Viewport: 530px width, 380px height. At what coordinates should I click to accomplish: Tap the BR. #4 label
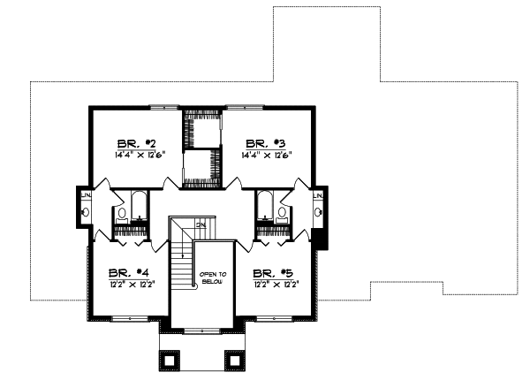(x=122, y=273)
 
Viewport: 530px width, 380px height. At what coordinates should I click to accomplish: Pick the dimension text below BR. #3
(x=266, y=156)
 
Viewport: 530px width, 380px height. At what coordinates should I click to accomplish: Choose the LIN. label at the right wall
(x=318, y=194)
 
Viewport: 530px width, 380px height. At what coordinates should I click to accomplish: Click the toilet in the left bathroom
(x=121, y=213)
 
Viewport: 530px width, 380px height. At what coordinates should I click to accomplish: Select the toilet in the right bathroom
(x=282, y=213)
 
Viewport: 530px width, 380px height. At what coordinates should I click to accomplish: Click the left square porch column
(x=168, y=360)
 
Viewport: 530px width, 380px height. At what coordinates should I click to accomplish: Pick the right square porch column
(x=234, y=360)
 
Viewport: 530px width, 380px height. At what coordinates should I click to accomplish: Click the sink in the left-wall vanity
(x=86, y=212)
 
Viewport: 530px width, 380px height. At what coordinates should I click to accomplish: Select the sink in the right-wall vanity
(x=318, y=211)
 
